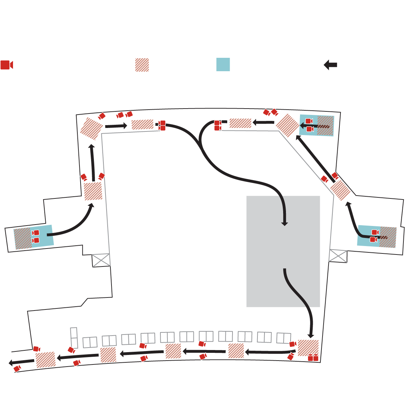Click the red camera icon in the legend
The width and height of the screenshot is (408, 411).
click(6, 65)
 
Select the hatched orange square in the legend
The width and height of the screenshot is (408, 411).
click(142, 65)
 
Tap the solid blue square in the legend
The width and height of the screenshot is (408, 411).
click(223, 65)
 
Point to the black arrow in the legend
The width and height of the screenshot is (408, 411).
click(330, 65)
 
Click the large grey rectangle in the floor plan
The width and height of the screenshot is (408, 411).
click(283, 251)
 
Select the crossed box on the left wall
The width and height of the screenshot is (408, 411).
click(101, 260)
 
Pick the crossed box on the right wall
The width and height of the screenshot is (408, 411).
click(338, 256)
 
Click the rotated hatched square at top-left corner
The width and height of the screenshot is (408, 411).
click(91, 129)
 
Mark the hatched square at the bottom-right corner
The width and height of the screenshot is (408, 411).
click(308, 348)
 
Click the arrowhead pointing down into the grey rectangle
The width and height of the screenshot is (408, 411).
click(285, 223)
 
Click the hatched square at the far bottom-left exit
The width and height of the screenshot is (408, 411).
click(46, 360)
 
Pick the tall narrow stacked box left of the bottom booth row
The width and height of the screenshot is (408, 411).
click(74, 338)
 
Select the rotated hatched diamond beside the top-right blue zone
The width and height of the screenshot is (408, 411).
click(288, 125)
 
